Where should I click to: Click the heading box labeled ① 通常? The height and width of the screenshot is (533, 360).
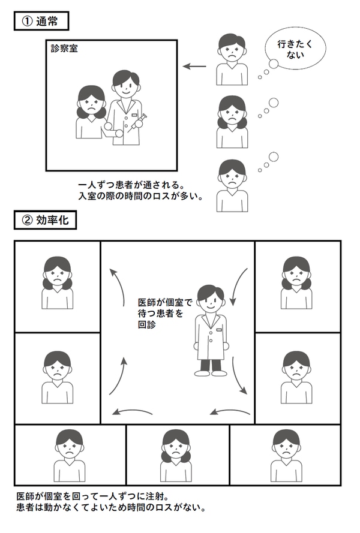tap(41, 21)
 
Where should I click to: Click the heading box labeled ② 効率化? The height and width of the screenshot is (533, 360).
tap(45, 220)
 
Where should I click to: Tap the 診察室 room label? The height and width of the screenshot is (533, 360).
tap(64, 49)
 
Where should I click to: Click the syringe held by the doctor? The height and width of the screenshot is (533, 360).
tap(138, 122)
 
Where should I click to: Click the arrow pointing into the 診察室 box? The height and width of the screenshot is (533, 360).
tap(194, 67)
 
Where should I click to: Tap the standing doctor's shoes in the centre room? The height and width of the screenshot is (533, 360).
tap(211, 373)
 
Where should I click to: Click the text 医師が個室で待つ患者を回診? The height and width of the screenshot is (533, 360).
tap(164, 313)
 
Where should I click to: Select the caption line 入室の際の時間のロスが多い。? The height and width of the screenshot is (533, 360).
tap(140, 196)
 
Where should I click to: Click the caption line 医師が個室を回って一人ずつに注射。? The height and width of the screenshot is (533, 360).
tap(92, 496)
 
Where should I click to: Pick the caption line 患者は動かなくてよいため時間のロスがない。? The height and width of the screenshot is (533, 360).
tap(111, 507)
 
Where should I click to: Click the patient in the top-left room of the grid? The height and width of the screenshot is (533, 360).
tap(57, 282)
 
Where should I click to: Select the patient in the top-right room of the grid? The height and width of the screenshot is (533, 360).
tap(296, 282)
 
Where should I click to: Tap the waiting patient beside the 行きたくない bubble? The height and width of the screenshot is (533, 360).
tap(232, 59)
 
